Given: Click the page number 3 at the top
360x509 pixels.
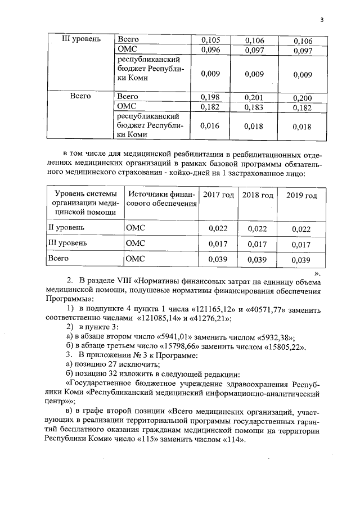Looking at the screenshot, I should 322,20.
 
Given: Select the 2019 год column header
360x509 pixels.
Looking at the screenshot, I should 301,195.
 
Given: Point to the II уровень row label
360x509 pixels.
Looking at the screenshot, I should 66,228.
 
